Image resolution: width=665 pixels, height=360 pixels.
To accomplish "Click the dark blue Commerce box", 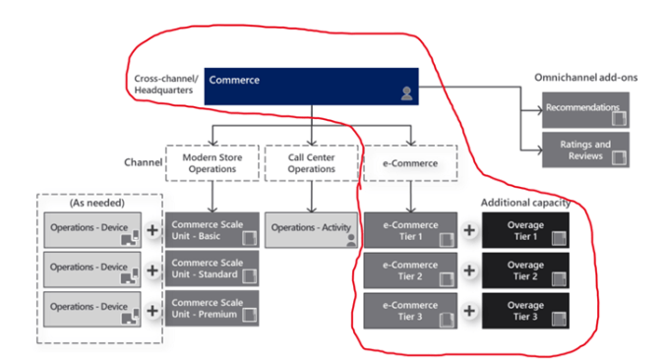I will coord(312,86).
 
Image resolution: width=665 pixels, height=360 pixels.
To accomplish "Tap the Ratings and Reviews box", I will coord(584,150).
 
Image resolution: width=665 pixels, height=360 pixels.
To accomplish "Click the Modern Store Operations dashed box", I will coord(211,162).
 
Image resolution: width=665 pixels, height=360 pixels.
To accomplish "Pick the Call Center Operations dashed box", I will coord(311,162).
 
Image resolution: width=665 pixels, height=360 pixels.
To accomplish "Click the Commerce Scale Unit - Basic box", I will coord(212,229).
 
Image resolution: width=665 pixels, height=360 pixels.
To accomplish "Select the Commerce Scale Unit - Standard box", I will coord(212,269).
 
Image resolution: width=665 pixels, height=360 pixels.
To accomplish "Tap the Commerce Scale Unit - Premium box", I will coord(212,309).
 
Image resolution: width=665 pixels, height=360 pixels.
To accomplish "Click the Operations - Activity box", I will coord(311,229).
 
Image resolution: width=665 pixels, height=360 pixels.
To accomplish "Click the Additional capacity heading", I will coord(525,202).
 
